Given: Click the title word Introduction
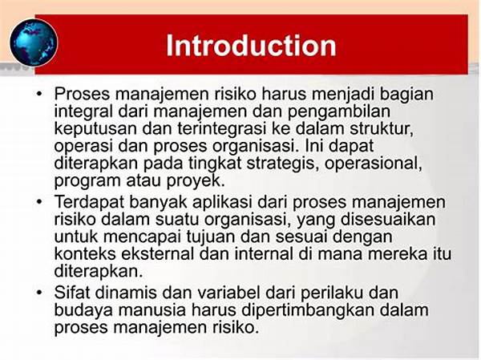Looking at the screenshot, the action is (x=251, y=46).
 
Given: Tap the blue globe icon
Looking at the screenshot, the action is (x=34, y=42).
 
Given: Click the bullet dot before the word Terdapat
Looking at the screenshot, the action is (x=39, y=201).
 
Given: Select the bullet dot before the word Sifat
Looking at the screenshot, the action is (x=39, y=292).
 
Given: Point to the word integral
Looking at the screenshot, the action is (x=83, y=112).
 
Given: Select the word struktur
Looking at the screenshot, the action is (x=382, y=128).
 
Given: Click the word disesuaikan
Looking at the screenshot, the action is (x=388, y=219).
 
